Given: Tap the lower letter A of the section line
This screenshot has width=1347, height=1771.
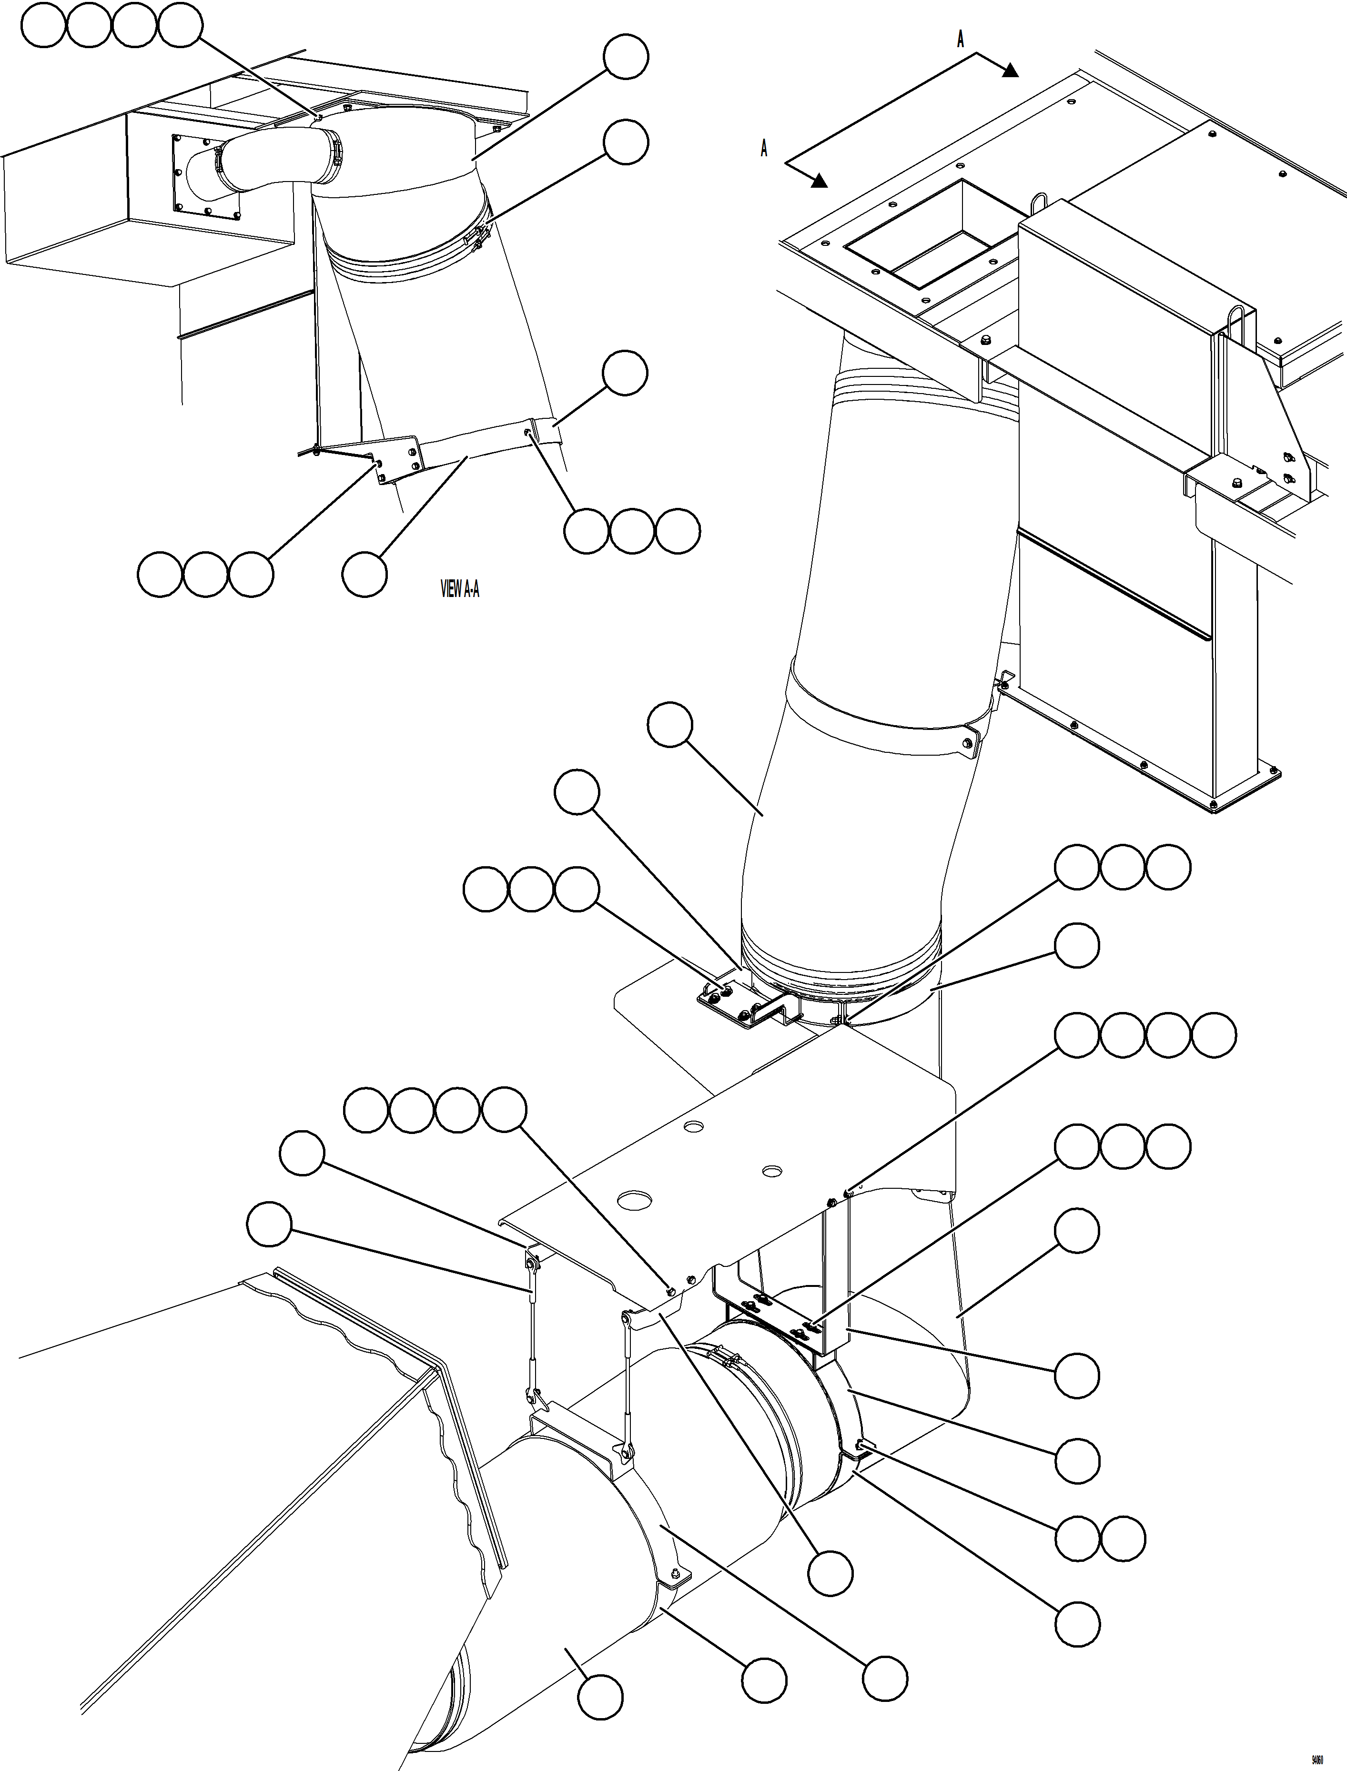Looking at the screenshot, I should [x=764, y=149].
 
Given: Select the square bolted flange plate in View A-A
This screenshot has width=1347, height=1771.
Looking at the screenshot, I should [x=206, y=176].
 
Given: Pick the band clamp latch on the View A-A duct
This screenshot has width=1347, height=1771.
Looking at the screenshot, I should [x=479, y=238].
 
